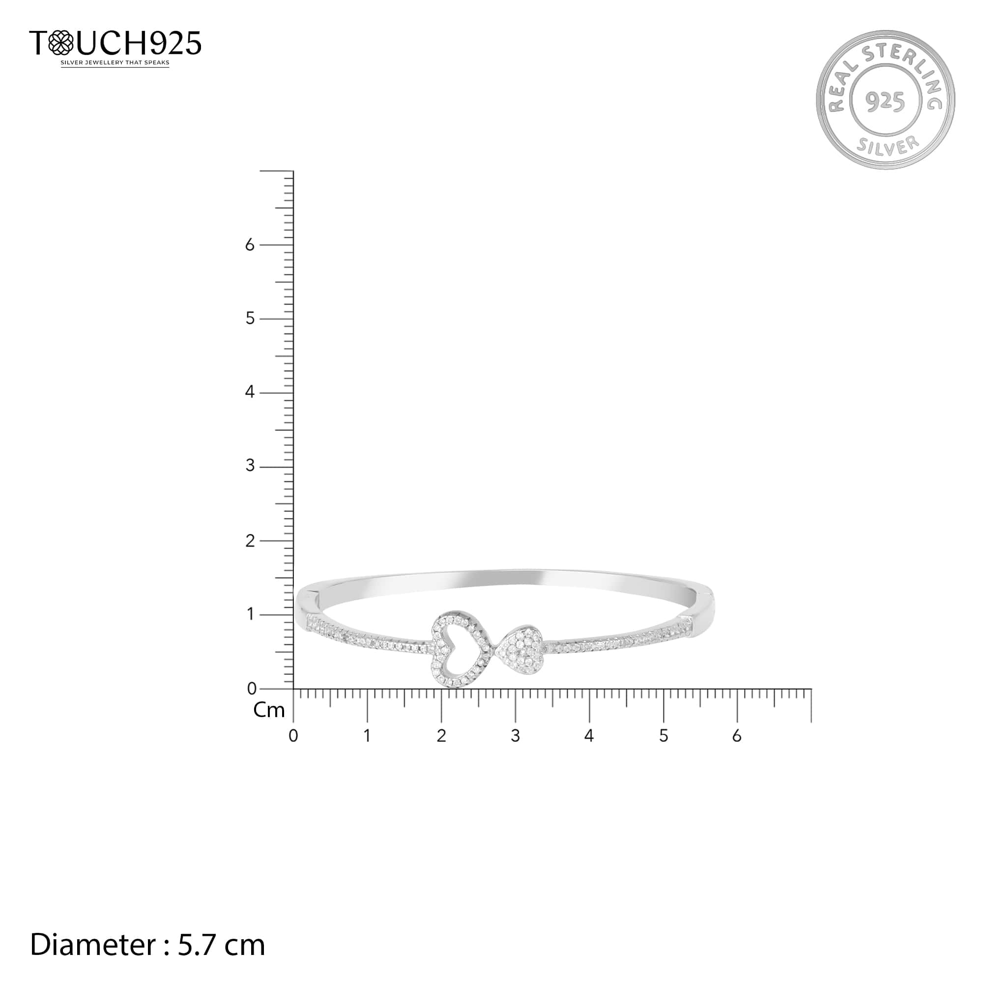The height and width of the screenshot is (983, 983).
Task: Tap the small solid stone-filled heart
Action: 520,651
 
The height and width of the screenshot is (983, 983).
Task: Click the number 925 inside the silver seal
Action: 886,102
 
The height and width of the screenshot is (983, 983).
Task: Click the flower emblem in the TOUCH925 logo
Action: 61,43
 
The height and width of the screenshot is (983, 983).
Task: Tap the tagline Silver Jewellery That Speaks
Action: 115,63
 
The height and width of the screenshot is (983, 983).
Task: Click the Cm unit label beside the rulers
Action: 269,710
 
